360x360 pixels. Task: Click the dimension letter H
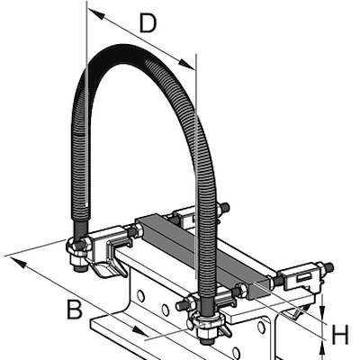click(339, 336)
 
